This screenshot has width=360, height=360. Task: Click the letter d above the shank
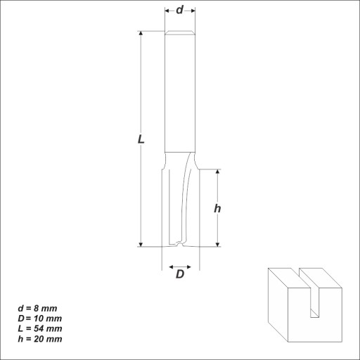point(180,10)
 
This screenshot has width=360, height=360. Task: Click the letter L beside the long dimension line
point(141,139)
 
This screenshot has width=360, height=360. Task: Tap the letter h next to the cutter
point(217,208)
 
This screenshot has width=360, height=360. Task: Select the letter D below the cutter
point(180,274)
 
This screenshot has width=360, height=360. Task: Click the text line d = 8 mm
point(37,309)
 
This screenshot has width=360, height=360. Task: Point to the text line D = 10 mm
point(40,319)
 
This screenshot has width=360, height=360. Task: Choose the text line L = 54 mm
point(40,328)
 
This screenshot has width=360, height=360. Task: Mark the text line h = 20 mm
point(40,339)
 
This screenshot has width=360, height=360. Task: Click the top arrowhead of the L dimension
point(141,33)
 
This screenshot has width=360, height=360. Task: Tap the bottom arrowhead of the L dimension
point(141,245)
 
